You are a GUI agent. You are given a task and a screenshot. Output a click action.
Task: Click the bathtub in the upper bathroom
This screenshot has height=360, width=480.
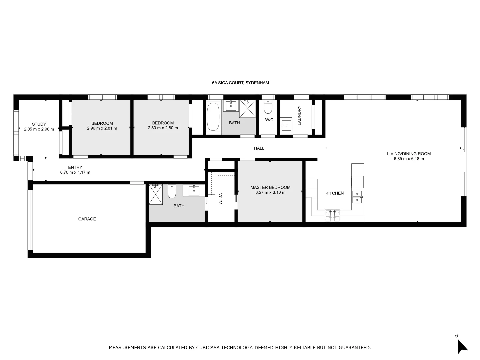[x=213, y=117]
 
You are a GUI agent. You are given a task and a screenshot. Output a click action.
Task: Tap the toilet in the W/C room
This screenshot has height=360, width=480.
[x=268, y=107]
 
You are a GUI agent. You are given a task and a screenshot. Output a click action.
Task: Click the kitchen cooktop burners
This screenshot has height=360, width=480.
[x=332, y=215]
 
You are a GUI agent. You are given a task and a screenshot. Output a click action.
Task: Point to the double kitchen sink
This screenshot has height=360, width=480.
[x=357, y=197]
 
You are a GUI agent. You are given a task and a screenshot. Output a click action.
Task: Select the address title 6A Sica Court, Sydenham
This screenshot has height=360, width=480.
[x=240, y=83]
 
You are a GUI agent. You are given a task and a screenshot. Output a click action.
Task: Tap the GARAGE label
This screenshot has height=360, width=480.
[x=87, y=219]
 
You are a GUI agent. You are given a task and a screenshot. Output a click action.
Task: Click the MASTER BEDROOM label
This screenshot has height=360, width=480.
[x=270, y=187]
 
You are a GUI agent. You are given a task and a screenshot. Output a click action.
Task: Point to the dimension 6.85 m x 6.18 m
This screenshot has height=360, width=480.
[x=409, y=159]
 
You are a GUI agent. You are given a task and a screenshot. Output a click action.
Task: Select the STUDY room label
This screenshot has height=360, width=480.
[x=39, y=124]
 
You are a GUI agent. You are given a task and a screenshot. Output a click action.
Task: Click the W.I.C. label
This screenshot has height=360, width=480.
[x=220, y=199]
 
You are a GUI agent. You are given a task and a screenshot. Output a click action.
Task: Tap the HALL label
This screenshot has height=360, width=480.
[x=259, y=148]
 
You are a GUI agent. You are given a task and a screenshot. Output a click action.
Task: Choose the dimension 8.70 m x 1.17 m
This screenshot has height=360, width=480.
[x=75, y=172]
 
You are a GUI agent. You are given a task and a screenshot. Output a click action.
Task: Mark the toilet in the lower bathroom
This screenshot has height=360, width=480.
[x=172, y=192]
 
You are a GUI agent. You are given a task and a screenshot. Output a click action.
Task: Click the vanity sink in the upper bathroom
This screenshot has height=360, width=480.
[x=231, y=106]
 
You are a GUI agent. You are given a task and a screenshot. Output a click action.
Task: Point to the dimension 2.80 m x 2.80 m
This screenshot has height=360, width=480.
[x=163, y=128]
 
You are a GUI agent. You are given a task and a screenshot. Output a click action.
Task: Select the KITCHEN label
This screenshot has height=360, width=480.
[x=334, y=193]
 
